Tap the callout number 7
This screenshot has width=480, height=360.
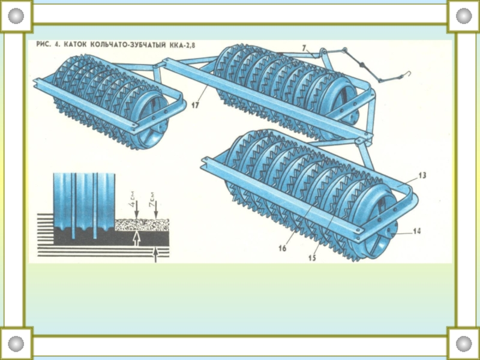[x=304, y=47]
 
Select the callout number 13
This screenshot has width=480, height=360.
[x=422, y=175]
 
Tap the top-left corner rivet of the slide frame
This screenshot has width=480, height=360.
[x=16, y=16]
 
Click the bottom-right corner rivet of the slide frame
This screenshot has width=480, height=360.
[x=464, y=344]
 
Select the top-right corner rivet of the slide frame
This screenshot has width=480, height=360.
[x=464, y=16]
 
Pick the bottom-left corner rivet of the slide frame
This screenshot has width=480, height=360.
[x=16, y=344]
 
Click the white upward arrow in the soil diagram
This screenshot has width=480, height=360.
[x=136, y=239]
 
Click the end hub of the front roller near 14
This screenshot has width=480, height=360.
[x=391, y=231]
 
